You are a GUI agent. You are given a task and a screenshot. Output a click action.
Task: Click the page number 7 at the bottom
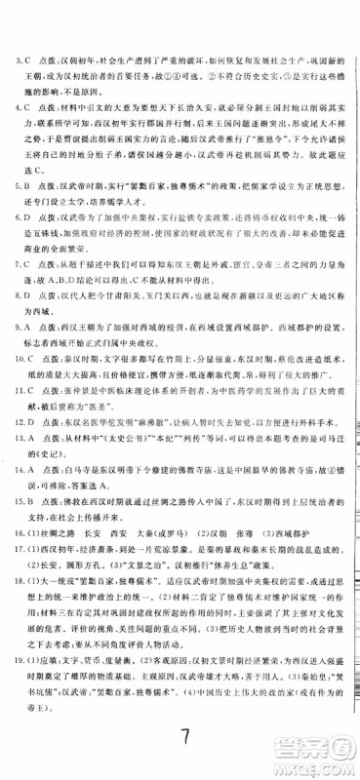tap(180, 744)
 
